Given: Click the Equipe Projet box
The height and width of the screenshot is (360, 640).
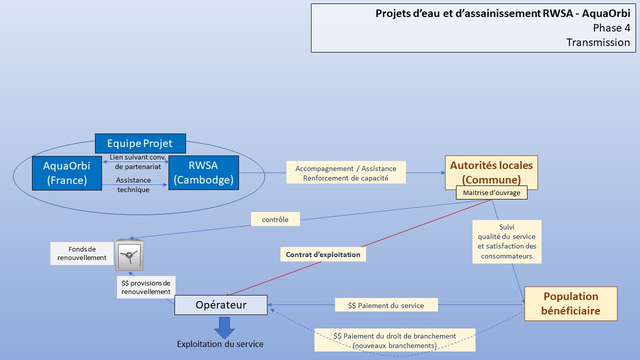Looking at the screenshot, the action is point(140,143).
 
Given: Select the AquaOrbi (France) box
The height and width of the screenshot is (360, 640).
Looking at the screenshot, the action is point(67,173).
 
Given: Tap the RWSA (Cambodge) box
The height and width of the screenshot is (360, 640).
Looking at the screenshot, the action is point(203,172).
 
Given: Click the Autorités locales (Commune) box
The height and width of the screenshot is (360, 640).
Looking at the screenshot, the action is point(491,172).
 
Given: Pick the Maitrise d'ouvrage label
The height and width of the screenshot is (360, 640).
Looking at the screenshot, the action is point(491,192).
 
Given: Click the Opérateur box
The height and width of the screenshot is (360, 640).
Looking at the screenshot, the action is point(221,305).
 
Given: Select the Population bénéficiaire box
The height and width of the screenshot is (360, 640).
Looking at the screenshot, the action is point(571,303).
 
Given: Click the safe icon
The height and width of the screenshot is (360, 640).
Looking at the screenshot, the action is point(129,255).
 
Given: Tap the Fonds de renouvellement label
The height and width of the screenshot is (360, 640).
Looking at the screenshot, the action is point(82,253).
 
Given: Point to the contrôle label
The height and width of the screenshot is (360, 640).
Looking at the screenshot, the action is point(275,219).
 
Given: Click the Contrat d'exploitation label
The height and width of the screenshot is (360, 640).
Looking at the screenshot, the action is point(323,254).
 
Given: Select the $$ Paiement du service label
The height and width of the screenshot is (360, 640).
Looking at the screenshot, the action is point(386,305).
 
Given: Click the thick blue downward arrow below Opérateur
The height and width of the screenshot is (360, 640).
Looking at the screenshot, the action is point(224,328).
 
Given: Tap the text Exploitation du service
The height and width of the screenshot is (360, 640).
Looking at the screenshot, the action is point(220,344).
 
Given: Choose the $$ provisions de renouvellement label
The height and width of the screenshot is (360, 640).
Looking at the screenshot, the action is point(146,287).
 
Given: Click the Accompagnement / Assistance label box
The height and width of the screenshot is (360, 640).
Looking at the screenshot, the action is point(346,172).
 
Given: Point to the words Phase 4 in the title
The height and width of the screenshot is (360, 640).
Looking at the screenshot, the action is point(611,28).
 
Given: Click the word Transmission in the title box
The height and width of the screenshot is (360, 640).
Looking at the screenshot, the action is point(598,42).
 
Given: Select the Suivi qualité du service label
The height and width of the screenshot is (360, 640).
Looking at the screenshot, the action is point(507,241).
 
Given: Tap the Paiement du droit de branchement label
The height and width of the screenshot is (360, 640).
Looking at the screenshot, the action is point(395,340).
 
